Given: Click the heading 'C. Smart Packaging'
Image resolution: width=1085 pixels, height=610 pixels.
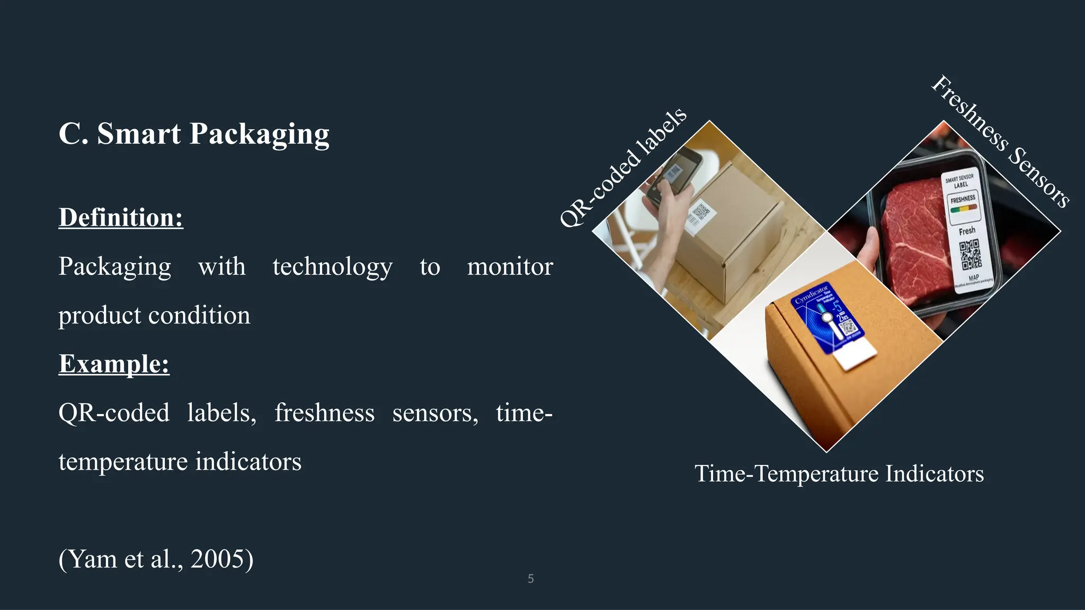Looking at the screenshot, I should pos(194,133).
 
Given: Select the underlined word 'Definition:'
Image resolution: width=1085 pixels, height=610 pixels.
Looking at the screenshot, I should pos(121,218).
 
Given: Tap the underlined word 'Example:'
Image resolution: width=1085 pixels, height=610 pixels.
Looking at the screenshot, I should pos(114,364).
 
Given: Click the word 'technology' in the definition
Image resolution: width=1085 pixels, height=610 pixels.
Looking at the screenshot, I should pos(332,266).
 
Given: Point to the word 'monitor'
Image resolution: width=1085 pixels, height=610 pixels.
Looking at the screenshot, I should pos(510,266).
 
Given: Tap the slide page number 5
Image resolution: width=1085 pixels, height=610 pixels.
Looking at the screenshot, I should pos(530,579).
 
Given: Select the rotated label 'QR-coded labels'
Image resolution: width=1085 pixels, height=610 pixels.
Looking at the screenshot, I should pos(623,167).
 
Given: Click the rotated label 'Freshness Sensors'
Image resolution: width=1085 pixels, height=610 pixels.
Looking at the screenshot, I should pos(1000,142).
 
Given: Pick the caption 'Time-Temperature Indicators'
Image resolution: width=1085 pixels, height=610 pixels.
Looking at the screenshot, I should pos(839,473).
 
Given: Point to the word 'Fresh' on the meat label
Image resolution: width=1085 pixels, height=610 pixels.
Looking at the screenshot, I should pos(966,231).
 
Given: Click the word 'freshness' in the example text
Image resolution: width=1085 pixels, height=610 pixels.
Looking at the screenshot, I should pos(324,413).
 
